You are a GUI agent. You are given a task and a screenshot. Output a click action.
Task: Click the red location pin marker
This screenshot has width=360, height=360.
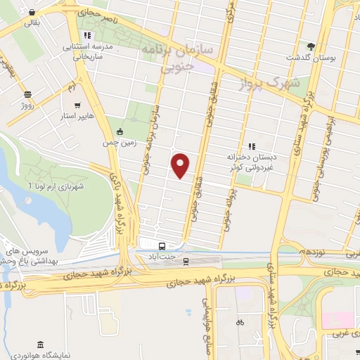point(181,165)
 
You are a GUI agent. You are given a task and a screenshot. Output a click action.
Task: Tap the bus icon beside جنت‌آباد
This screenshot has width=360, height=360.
point(162,246)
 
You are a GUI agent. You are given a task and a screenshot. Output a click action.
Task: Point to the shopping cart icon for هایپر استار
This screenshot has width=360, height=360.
point(86,102)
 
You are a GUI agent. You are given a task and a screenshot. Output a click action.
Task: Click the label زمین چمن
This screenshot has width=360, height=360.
point(121,142)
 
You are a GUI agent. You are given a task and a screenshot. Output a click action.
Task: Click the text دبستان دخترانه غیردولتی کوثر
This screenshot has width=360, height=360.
point(250,161)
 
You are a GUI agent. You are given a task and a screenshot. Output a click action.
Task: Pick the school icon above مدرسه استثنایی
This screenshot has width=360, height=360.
point(86,35)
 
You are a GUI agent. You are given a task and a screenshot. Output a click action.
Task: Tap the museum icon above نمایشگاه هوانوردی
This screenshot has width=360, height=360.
point(39,345)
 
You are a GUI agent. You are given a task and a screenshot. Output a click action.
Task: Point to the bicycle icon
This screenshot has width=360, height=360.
point(240,322)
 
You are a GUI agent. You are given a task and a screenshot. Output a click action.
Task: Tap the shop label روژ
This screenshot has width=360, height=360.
point(27,105)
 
